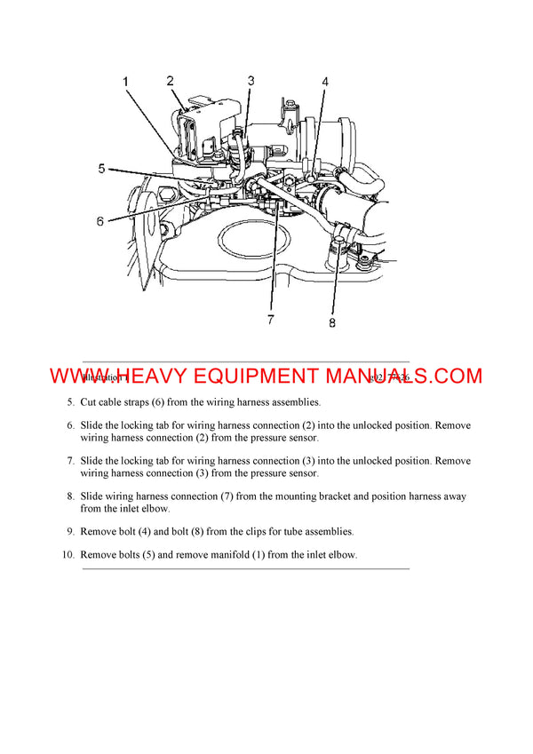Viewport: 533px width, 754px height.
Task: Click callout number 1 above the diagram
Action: pyautogui.click(x=125, y=83)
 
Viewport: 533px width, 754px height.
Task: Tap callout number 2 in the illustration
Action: pyautogui.click(x=170, y=81)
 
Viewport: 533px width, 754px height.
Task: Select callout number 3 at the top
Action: pyautogui.click(x=251, y=81)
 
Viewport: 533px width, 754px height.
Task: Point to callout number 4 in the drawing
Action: pyautogui.click(x=325, y=82)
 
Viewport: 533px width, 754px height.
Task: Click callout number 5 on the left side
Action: pyautogui.click(x=102, y=168)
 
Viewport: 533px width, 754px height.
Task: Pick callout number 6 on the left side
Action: pyautogui.click(x=100, y=221)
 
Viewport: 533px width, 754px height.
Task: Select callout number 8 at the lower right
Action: pyautogui.click(x=332, y=323)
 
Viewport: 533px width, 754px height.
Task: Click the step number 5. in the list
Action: pyautogui.click(x=70, y=402)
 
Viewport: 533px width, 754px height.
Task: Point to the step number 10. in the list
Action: pyautogui.click(x=68, y=554)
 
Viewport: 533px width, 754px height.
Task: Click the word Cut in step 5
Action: pyautogui.click(x=89, y=402)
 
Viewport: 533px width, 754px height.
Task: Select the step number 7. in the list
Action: pyautogui.click(x=70, y=461)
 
